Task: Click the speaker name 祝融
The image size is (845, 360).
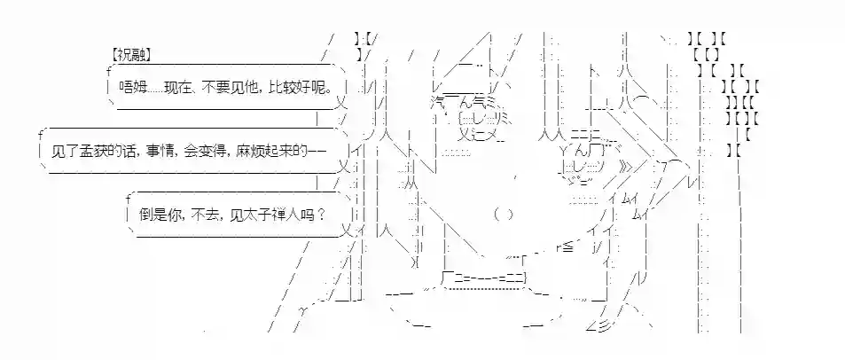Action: tap(132, 54)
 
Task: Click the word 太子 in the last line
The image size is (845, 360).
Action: tap(255, 214)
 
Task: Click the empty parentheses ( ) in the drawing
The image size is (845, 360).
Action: tap(503, 214)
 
